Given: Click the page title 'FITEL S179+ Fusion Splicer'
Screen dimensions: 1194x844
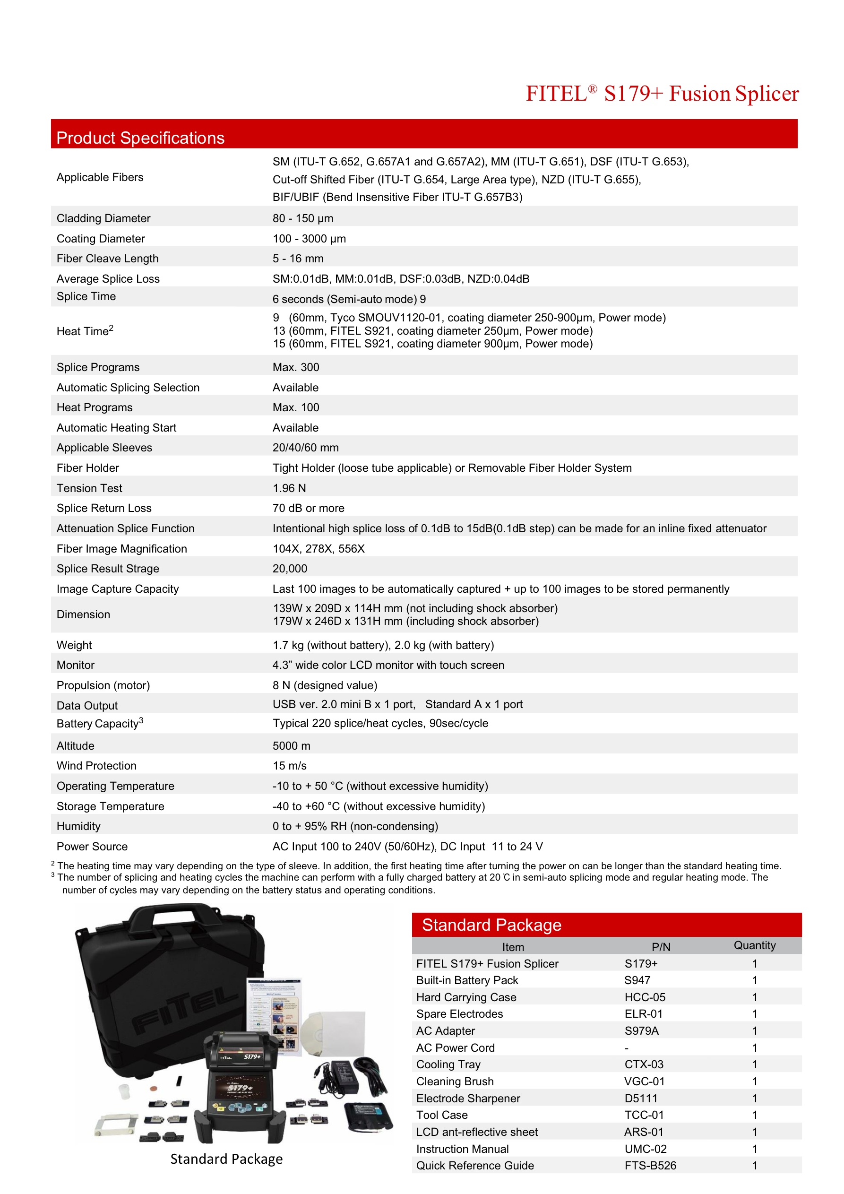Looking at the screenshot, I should pyautogui.click(x=662, y=94).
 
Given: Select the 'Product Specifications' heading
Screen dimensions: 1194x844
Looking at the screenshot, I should pyautogui.click(x=140, y=138).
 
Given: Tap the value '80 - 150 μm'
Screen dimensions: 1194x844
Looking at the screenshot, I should pyautogui.click(x=302, y=218).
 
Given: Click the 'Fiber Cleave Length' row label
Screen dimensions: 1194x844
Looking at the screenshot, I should pyautogui.click(x=108, y=259).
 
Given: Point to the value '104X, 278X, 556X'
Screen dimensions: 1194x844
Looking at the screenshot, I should pyautogui.click(x=318, y=549).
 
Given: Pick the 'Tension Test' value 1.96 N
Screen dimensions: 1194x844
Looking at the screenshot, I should pyautogui.click(x=289, y=488).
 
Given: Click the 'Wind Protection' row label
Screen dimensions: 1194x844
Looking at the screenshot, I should pyautogui.click(x=97, y=765).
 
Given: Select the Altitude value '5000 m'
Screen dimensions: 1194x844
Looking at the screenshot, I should pyautogui.click(x=291, y=746).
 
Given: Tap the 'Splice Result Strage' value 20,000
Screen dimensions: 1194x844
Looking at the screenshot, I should pyautogui.click(x=290, y=568).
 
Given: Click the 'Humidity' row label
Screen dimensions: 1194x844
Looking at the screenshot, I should pyautogui.click(x=78, y=826).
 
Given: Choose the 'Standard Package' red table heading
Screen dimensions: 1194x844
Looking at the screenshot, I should pyautogui.click(x=491, y=925).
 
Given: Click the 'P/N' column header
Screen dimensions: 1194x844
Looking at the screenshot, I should pyautogui.click(x=661, y=947).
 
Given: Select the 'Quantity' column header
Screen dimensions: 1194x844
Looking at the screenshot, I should pyautogui.click(x=754, y=945).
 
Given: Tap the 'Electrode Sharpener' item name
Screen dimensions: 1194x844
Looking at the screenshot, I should pyautogui.click(x=468, y=1099).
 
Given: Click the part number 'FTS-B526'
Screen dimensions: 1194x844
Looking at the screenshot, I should pyautogui.click(x=650, y=1165).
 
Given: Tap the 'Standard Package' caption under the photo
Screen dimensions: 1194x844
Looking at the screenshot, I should pyautogui.click(x=226, y=1159).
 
